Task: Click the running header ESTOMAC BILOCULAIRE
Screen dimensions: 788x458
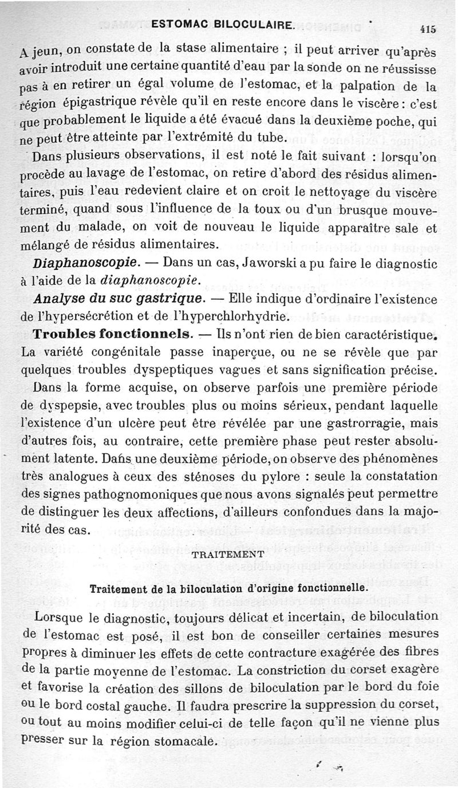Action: (224, 25)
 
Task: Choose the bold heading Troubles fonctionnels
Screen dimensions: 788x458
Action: (112, 334)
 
